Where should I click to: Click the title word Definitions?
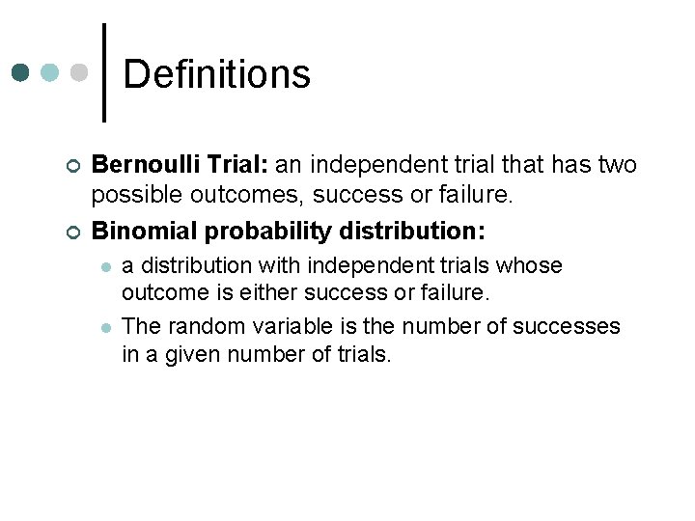click(217, 74)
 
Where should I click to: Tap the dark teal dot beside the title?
click(21, 73)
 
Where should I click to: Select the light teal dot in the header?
click(50, 73)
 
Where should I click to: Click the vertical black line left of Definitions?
click(104, 72)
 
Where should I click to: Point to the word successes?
click(567, 326)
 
